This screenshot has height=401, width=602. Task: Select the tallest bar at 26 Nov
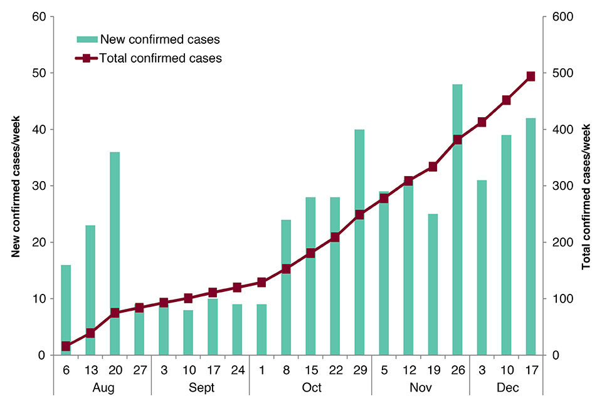pyautogui.click(x=458, y=219)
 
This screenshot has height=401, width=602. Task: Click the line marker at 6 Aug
pyautogui.click(x=66, y=346)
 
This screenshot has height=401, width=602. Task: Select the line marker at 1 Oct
pyautogui.click(x=261, y=283)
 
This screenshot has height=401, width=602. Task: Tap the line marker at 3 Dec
pyautogui.click(x=482, y=122)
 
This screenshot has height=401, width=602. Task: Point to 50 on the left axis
pyautogui.click(x=39, y=73)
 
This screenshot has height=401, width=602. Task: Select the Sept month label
pyautogui.click(x=200, y=388)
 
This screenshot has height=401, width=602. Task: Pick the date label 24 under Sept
pyautogui.click(x=237, y=370)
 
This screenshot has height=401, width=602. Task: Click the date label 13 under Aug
pyautogui.click(x=90, y=370)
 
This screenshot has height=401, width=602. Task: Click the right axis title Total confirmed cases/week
pyautogui.click(x=587, y=186)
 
